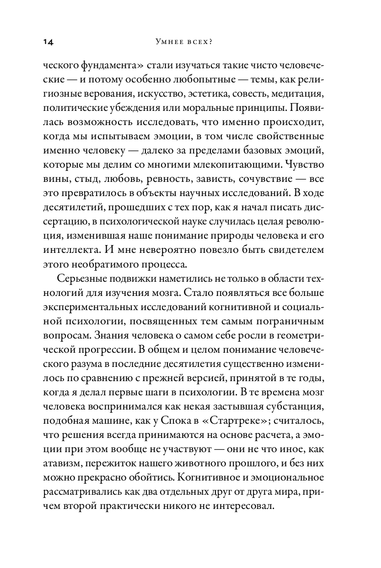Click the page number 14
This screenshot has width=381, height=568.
48,43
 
